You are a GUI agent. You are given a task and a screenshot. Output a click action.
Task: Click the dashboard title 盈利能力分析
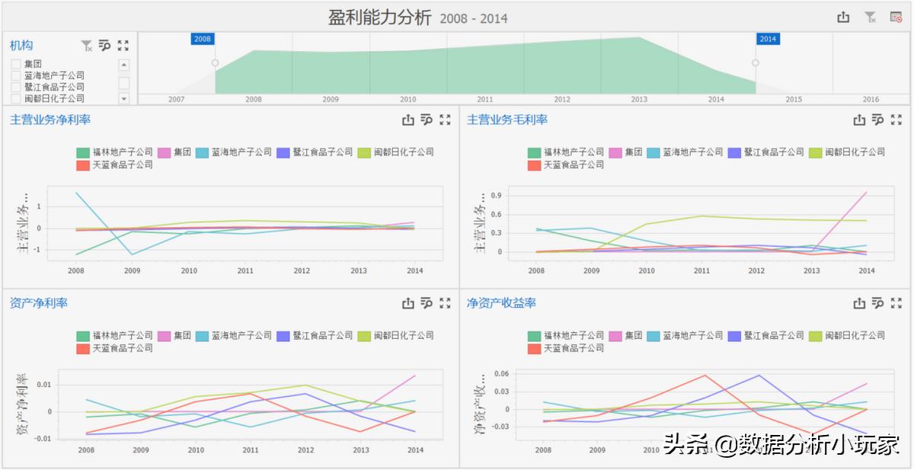379,17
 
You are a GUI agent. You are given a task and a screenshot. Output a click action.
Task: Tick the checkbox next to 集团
16,65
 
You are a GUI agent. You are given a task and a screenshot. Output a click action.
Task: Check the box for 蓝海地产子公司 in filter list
16,76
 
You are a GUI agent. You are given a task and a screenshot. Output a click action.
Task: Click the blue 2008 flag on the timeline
202,39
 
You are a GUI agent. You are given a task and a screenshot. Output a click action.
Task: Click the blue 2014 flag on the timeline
767,39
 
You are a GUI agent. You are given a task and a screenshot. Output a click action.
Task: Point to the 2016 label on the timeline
870,99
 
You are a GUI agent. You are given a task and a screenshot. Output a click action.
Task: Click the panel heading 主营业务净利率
50,120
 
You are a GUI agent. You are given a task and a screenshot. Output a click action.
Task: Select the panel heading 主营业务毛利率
507,120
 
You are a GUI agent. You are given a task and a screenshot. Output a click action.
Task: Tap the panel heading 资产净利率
39,303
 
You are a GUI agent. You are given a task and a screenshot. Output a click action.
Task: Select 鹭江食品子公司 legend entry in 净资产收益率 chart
765,335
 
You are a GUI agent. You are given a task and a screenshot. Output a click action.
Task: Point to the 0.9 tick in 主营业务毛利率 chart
495,196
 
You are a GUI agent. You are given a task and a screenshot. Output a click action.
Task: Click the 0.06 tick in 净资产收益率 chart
500,374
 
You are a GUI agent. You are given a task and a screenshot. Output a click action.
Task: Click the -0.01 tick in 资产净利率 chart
43,438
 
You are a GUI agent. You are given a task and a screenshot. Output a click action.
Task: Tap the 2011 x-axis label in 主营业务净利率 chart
245,270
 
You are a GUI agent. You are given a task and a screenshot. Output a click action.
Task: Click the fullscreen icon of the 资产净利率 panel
446,303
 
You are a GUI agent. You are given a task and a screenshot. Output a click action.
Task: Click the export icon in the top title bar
843,17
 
